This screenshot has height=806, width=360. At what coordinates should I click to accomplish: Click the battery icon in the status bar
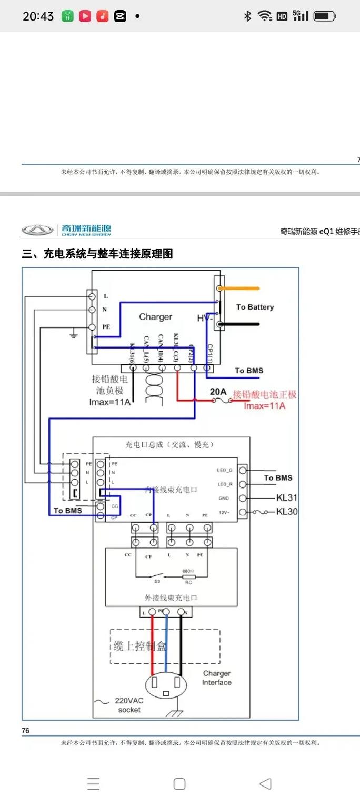pos(324,16)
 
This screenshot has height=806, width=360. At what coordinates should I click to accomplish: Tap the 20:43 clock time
pos(38,16)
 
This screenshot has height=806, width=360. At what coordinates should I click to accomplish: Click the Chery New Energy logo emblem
pos(37,230)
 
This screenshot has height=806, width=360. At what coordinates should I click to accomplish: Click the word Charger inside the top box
pos(155,317)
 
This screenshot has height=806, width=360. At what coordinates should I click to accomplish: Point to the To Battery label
pos(255,307)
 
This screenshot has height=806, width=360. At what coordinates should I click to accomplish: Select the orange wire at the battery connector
pos(239,288)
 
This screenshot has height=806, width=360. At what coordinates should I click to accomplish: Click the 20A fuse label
pos(218,391)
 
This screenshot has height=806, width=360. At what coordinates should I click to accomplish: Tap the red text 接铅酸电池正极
pos(265,394)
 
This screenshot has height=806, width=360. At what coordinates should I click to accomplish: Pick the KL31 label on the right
pos(287,497)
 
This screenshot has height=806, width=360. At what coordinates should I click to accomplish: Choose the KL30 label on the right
pos(287,511)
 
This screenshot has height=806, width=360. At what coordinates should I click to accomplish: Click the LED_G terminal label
pos(224,470)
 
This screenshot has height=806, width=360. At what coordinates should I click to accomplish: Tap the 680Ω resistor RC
pos(188,576)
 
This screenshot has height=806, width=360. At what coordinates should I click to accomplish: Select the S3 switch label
pos(157,582)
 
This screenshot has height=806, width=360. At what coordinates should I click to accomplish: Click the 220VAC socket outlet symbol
pos(166,686)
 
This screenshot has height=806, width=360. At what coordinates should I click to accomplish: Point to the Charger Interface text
pos(216,678)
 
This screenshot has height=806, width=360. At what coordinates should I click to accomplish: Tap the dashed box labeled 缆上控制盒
pos(165,646)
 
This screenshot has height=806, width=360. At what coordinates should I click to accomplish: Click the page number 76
pos(26,731)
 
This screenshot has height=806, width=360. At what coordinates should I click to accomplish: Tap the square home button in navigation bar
pos(179,784)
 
